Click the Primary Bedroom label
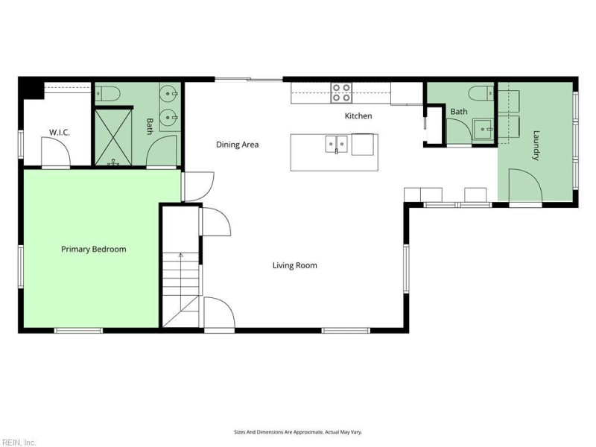click(x=94, y=250)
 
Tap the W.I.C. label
click(x=60, y=133)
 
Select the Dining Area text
click(x=237, y=145)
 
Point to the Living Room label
click(x=294, y=265)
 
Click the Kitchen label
click(x=358, y=116)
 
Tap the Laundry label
click(x=536, y=145)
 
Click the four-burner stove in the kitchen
click(x=341, y=92)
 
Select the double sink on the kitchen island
click(x=337, y=144)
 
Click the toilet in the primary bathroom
click(x=107, y=93)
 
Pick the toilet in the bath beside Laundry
click(x=481, y=93)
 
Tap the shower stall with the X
click(x=113, y=137)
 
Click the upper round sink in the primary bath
click(x=169, y=93)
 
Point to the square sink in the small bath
click(x=483, y=129)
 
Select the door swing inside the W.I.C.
click(x=55, y=152)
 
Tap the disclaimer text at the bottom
click(x=298, y=432)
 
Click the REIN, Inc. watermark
click(x=18, y=443)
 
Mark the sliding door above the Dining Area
click(x=249, y=80)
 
